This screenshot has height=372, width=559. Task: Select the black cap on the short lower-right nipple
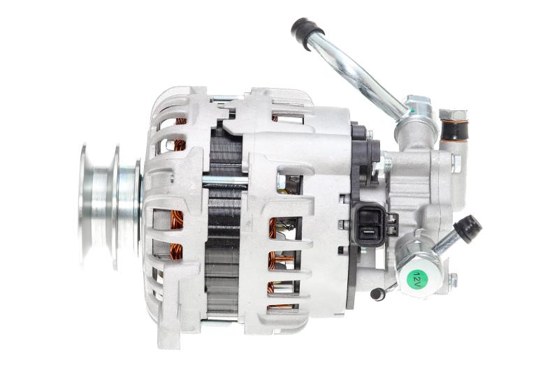pyautogui.click(x=467, y=229)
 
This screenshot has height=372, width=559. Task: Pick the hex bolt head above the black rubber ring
pyautogui.click(x=453, y=115)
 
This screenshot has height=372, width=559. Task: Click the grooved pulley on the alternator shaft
pyautogui.click(x=110, y=206)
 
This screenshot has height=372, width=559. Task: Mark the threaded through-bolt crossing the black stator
pyautogui.click(x=224, y=181)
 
